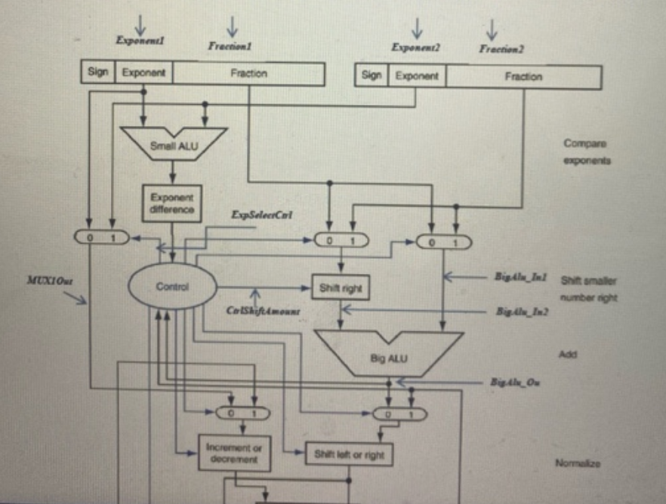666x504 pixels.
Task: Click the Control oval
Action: click(171, 287)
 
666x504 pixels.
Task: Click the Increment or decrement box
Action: click(234, 453)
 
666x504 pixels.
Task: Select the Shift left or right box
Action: click(348, 454)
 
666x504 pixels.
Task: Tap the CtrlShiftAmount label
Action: click(263, 311)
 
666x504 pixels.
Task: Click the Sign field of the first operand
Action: click(97, 73)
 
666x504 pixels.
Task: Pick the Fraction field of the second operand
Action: click(523, 76)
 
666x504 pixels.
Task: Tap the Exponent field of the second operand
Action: click(416, 76)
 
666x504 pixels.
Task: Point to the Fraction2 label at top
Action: click(501, 49)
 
